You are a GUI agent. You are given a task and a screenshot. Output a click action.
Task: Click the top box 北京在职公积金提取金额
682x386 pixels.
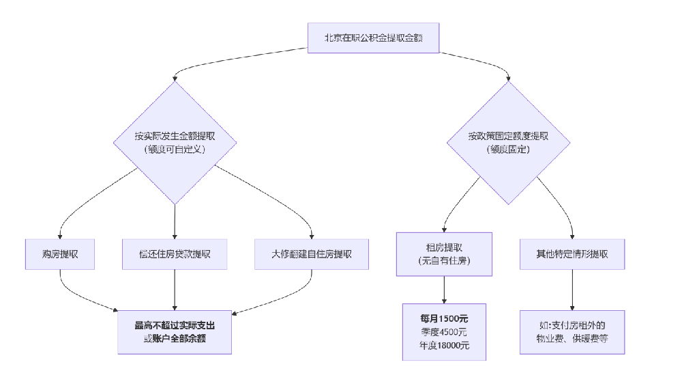coord(372,38)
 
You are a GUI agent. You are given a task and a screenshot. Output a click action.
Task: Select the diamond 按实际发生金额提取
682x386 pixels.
coord(175,142)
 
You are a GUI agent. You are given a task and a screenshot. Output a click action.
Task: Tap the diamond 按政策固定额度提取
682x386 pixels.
coord(508,142)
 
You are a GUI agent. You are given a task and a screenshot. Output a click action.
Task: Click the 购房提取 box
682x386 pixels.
coord(59,254)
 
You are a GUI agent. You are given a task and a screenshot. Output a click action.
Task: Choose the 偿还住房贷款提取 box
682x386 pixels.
coord(175,254)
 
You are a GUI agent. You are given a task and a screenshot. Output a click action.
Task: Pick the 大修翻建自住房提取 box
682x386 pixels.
coord(312,254)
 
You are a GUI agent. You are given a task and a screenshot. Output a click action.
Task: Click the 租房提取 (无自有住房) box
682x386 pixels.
coord(444,254)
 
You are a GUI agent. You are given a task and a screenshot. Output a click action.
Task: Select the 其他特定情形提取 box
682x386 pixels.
coord(572,254)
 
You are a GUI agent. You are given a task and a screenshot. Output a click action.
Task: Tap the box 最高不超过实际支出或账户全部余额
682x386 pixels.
coord(175,332)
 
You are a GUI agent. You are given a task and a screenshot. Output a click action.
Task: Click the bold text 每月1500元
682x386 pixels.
coord(444,318)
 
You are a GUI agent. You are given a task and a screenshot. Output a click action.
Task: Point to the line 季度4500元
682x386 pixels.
coord(444,332)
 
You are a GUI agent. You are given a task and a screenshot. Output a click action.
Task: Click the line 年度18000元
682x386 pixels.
coord(444,346)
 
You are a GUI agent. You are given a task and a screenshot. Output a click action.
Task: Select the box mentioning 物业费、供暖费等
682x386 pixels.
coord(572,332)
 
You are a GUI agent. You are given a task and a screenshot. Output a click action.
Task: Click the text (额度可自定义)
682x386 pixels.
coord(175,150)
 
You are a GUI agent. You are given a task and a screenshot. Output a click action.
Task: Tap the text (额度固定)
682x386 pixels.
coord(508,150)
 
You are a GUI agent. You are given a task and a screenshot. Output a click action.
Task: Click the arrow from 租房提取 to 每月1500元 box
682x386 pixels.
coord(444,290)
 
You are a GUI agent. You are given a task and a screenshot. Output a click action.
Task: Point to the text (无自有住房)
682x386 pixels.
coord(444,261)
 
